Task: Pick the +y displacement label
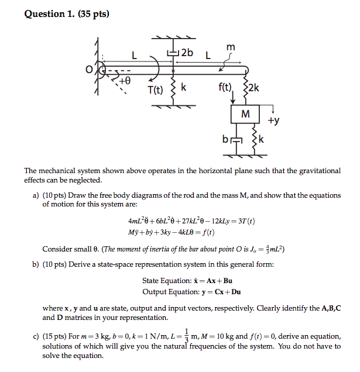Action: [273, 121]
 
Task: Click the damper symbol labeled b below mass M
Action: [236, 140]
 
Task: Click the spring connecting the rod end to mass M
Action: [245, 89]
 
